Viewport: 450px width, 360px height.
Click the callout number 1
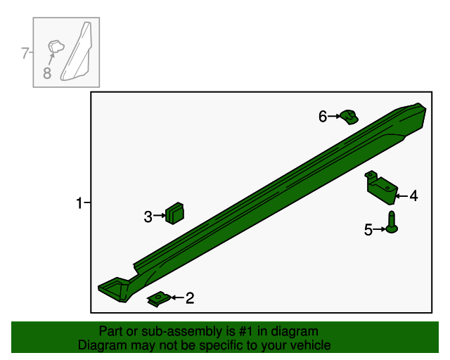tap(79, 203)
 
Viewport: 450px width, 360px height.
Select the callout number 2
tap(190, 298)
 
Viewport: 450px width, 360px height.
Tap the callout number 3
tap(148, 217)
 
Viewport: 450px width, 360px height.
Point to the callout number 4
tap(413, 196)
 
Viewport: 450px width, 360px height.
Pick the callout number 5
tap(368, 230)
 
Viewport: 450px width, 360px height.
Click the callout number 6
tap(323, 117)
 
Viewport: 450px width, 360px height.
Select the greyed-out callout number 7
tap(25, 53)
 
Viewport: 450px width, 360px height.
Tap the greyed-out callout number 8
tap(47, 72)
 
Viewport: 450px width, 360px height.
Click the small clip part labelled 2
tap(159, 299)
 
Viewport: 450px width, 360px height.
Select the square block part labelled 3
tap(174, 213)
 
